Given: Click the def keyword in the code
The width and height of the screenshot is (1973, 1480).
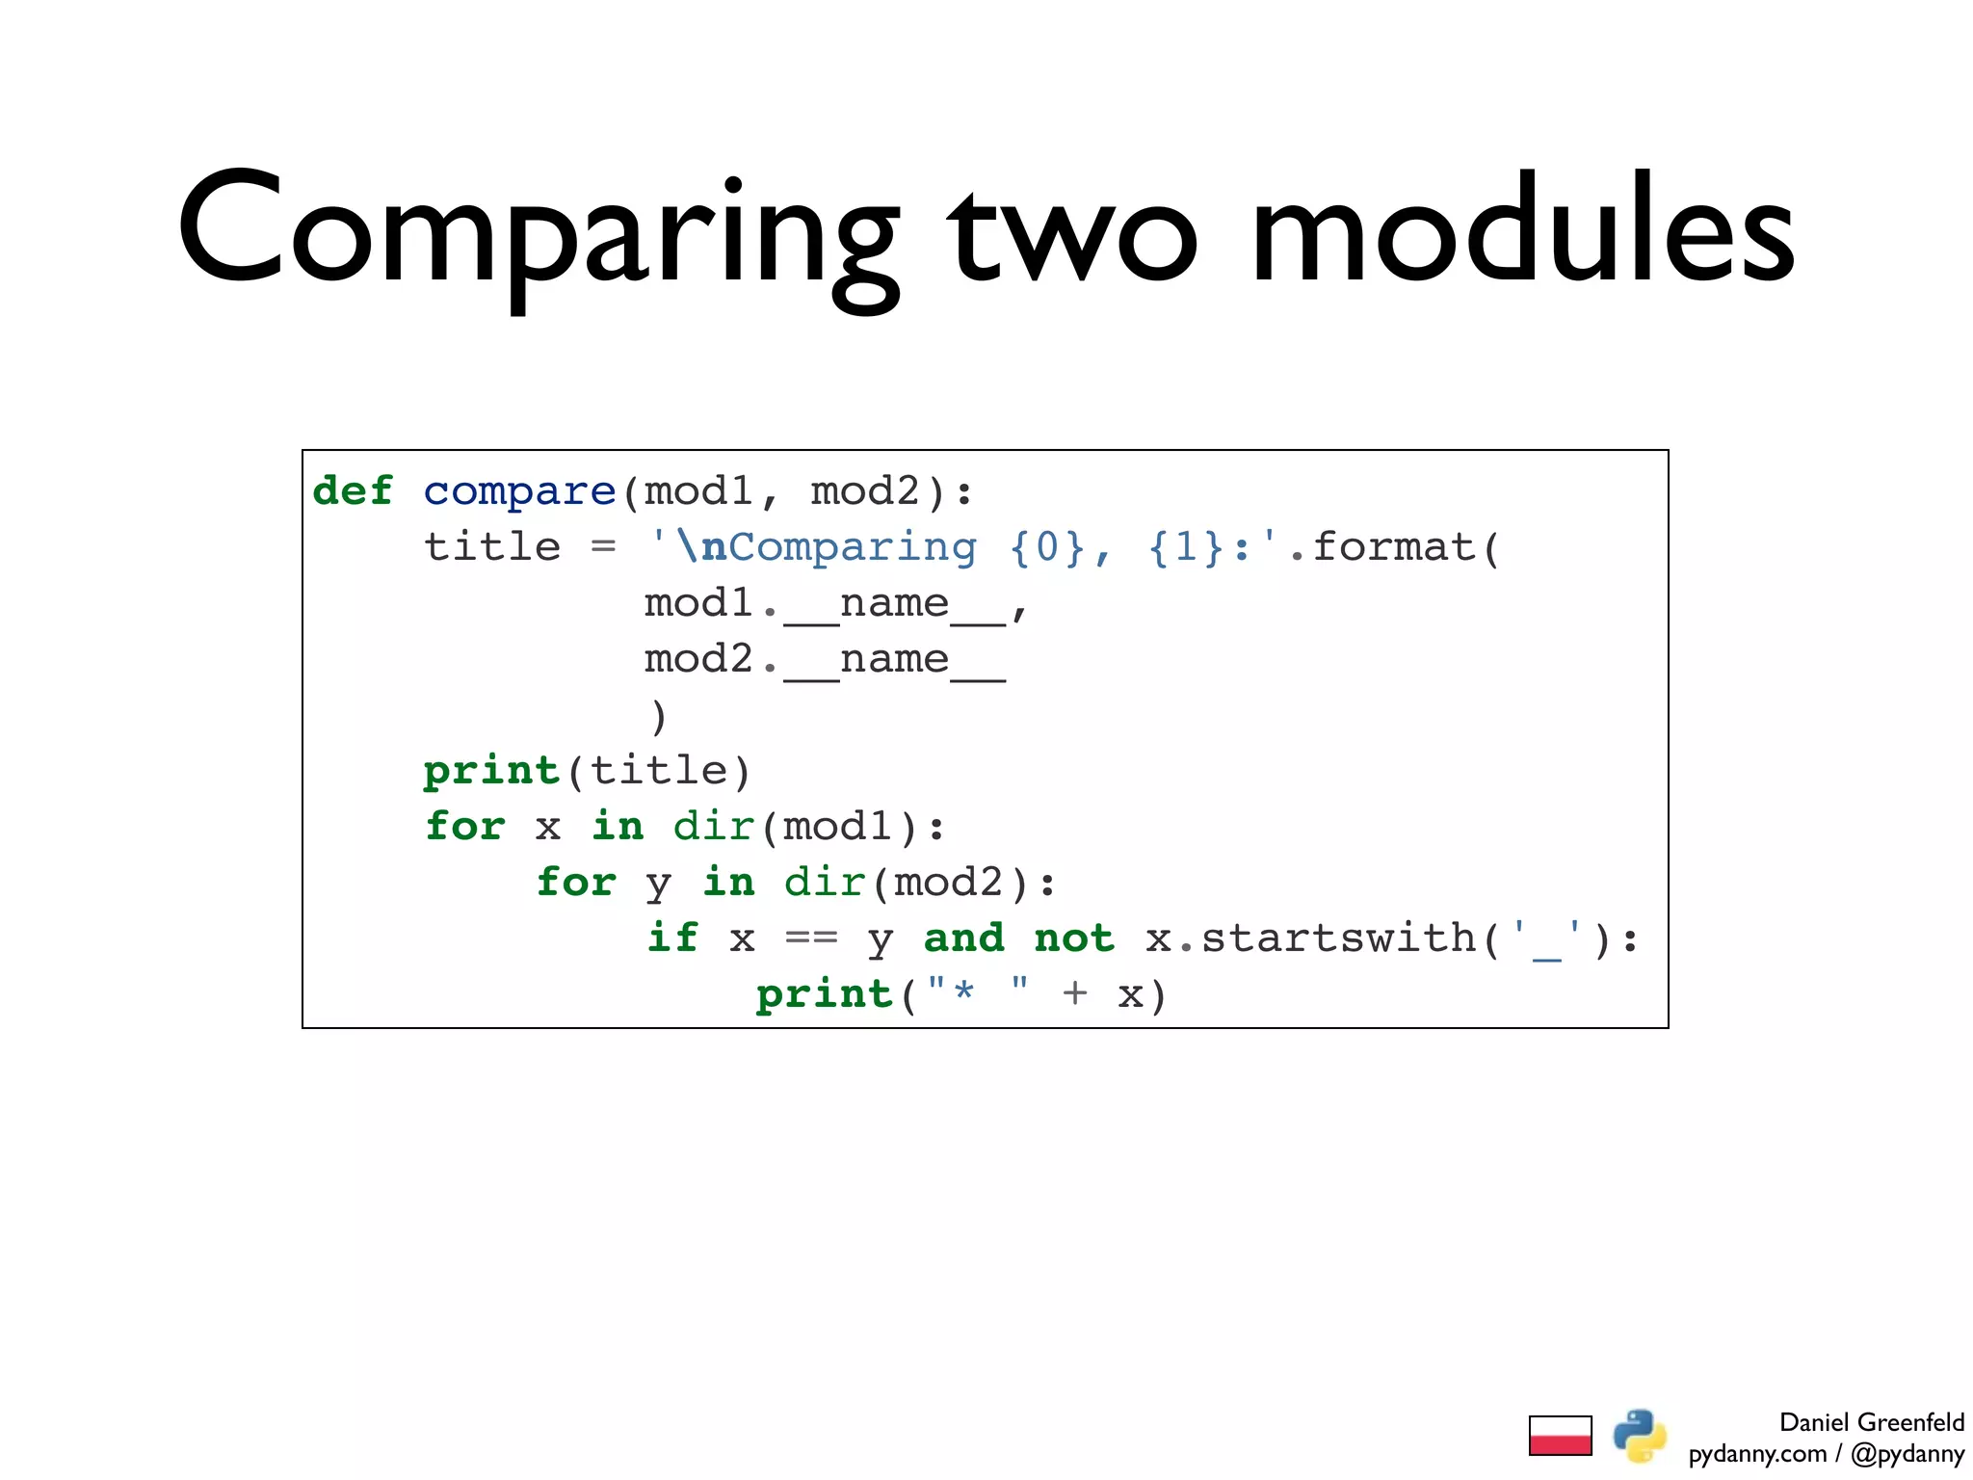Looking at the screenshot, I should [x=353, y=491].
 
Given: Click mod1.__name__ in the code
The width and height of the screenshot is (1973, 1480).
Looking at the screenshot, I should [x=825, y=604].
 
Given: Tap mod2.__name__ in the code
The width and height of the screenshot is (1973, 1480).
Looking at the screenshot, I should [x=825, y=660].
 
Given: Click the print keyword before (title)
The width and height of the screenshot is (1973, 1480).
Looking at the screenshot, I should [x=491, y=771].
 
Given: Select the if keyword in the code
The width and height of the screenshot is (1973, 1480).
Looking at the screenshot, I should [x=672, y=938].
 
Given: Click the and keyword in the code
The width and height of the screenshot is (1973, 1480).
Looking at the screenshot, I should [x=963, y=938].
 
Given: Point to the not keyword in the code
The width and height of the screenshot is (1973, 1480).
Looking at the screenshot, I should [x=1074, y=938].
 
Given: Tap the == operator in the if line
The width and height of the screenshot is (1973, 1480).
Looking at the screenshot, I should [x=811, y=938].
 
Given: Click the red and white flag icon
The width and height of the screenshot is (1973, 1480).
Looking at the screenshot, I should [x=1560, y=1436].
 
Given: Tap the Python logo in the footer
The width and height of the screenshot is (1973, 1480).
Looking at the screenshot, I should [x=1640, y=1436].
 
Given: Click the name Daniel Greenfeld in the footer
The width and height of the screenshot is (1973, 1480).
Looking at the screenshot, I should [x=1871, y=1422].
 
